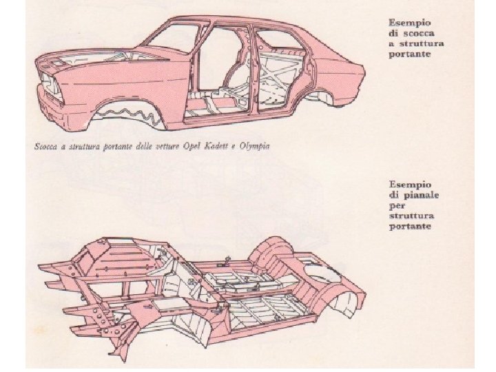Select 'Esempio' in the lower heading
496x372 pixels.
click(410, 184)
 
